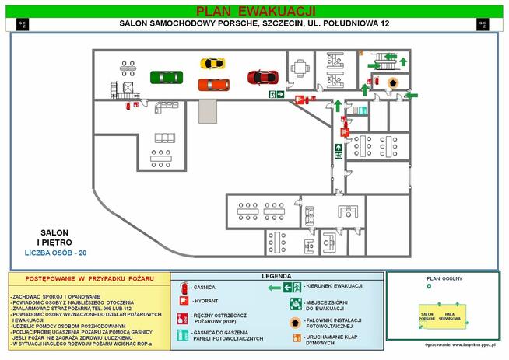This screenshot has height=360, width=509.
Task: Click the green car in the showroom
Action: click(x=166, y=76)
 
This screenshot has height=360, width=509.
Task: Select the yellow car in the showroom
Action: click(x=212, y=64)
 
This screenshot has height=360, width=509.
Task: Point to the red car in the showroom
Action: click(x=262, y=76)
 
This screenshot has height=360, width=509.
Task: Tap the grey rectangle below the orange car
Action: click(x=209, y=110)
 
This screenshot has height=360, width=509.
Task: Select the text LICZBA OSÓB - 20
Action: click(x=54, y=253)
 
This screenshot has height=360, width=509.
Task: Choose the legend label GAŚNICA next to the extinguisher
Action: click(x=205, y=287)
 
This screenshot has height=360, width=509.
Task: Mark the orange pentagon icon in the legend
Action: click(x=296, y=322)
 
